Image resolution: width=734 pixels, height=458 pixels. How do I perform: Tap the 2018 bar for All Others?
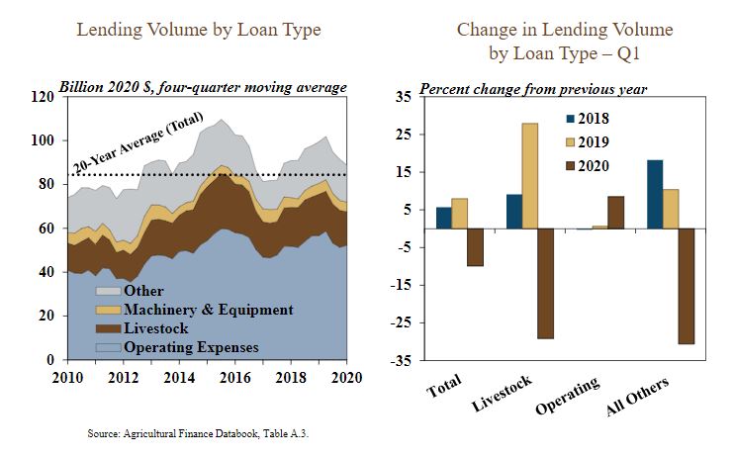tap(655, 194)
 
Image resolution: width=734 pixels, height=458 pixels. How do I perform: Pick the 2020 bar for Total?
tap(476, 247)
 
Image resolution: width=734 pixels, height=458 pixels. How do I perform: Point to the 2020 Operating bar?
tap(616, 212)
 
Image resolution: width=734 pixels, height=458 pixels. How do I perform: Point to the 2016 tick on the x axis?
tap(235, 379)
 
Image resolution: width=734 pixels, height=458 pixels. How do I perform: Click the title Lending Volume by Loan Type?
tap(199, 30)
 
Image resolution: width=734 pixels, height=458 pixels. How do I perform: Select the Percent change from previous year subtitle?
tap(533, 88)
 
